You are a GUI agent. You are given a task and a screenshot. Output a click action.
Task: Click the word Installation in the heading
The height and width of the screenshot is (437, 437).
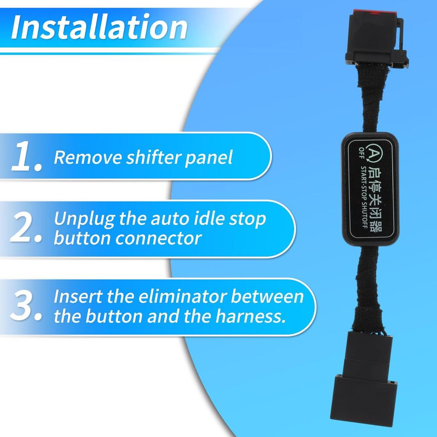tap(99, 27)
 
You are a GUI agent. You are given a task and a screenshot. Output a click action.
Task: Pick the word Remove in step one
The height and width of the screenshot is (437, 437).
tap(87, 157)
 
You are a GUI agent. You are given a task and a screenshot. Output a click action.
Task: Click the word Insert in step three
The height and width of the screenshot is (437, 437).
tap(77, 297)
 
